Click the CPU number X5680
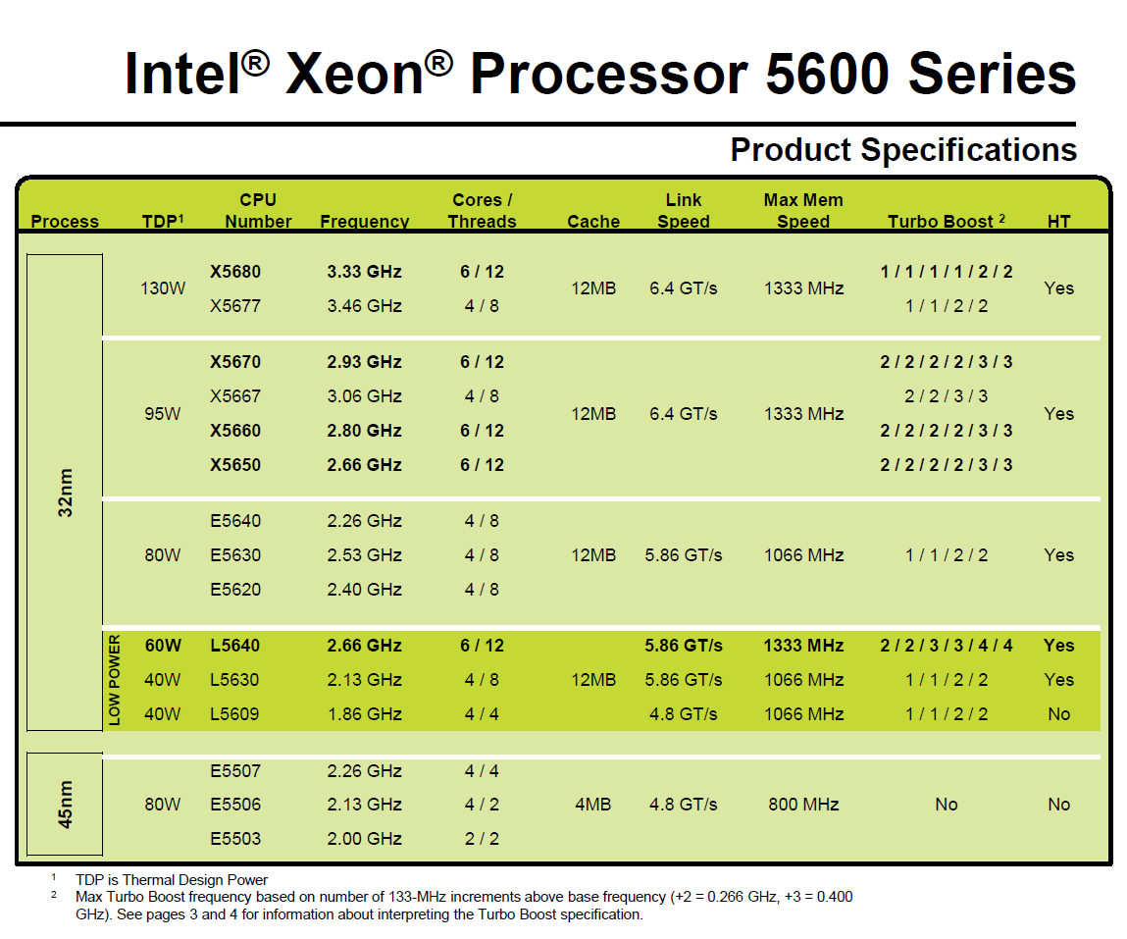235,272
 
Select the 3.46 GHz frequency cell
364,306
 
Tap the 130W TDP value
162,288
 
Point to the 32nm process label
66,493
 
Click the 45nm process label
66,804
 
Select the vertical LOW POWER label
115,680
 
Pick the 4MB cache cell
592,805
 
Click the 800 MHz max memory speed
802,805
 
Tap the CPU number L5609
235,714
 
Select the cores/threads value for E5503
482,839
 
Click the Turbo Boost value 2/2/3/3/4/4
946,646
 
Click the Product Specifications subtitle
903,150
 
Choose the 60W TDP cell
162,646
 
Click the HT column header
1058,221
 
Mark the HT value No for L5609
1058,714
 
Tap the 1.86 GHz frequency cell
364,714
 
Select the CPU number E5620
235,590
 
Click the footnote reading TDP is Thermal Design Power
171,880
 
